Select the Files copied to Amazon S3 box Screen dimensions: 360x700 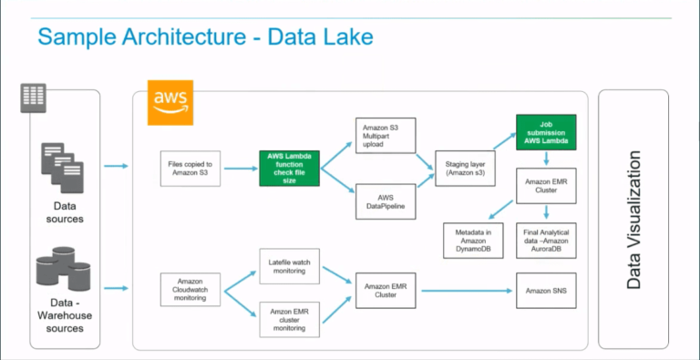click(x=190, y=168)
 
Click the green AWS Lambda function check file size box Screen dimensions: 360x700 click(x=290, y=168)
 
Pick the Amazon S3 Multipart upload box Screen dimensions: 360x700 click(x=384, y=134)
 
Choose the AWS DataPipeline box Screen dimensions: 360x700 click(x=384, y=201)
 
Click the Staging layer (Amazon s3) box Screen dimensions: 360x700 click(x=465, y=168)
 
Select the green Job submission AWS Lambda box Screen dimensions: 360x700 click(x=546, y=132)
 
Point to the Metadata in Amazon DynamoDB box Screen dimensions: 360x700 click(x=473, y=238)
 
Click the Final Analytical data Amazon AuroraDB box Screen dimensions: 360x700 click(x=546, y=238)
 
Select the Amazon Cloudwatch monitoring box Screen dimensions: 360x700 click(x=190, y=290)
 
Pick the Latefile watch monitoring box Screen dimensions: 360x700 click(x=290, y=265)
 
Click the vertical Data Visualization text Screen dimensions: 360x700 click(x=634, y=220)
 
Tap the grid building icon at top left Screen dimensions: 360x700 click(x=33, y=96)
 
